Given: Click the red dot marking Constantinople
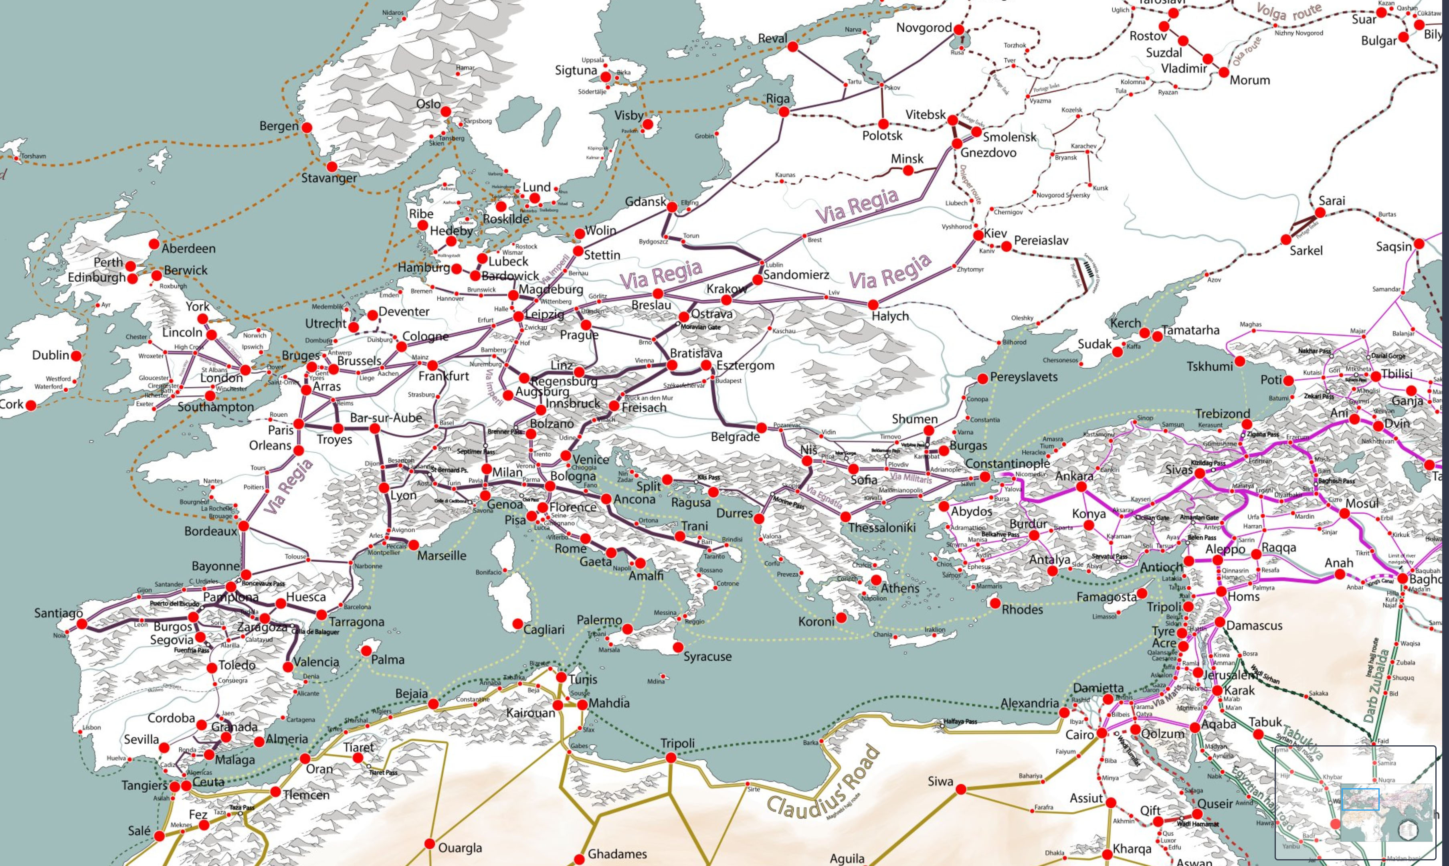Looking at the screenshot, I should pyautogui.click(x=985, y=476).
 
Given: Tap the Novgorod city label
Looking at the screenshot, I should pyautogui.click(x=924, y=27).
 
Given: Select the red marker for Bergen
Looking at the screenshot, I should pyautogui.click(x=306, y=127).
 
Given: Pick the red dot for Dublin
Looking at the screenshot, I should pyautogui.click(x=76, y=355).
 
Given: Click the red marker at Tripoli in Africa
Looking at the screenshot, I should pyautogui.click(x=671, y=757).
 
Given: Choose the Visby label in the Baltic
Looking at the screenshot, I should pyautogui.click(x=629, y=115).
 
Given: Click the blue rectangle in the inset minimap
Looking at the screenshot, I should pyautogui.click(x=1360, y=799).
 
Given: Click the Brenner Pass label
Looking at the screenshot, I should pyautogui.click(x=505, y=432).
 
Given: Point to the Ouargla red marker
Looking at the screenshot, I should pyautogui.click(x=429, y=844).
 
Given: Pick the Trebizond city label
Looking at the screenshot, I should pyautogui.click(x=1223, y=414).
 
